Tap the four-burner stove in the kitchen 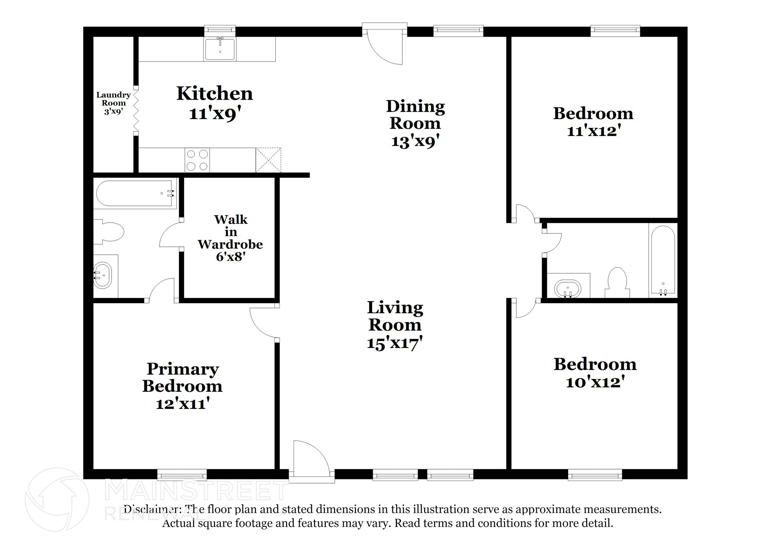pos(197,160)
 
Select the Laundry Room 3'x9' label pos(114,103)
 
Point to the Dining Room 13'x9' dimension pos(415,141)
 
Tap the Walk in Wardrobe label pos(230,232)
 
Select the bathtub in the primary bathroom pos(135,193)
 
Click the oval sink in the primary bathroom pos(102,276)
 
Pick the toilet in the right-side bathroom pos(617,283)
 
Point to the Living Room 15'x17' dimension pos(394,342)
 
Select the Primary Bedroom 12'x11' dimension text pos(182,403)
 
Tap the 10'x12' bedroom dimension pos(595,382)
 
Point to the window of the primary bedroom pos(182,475)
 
